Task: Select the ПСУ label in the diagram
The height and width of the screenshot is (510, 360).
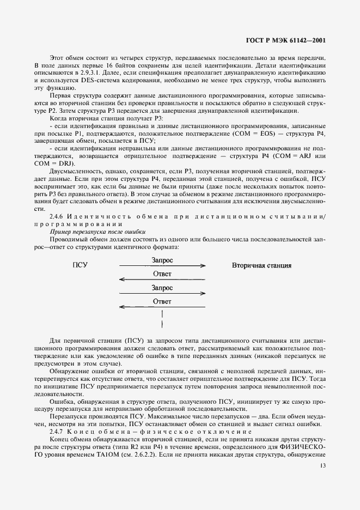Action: (x=80, y=265)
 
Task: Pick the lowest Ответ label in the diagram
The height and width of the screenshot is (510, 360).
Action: (x=162, y=301)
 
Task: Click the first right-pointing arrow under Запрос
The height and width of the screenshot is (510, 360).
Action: (x=162, y=266)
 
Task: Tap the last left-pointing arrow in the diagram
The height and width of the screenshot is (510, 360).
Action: (x=162, y=307)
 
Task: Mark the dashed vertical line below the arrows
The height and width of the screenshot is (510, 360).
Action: (x=162, y=319)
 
